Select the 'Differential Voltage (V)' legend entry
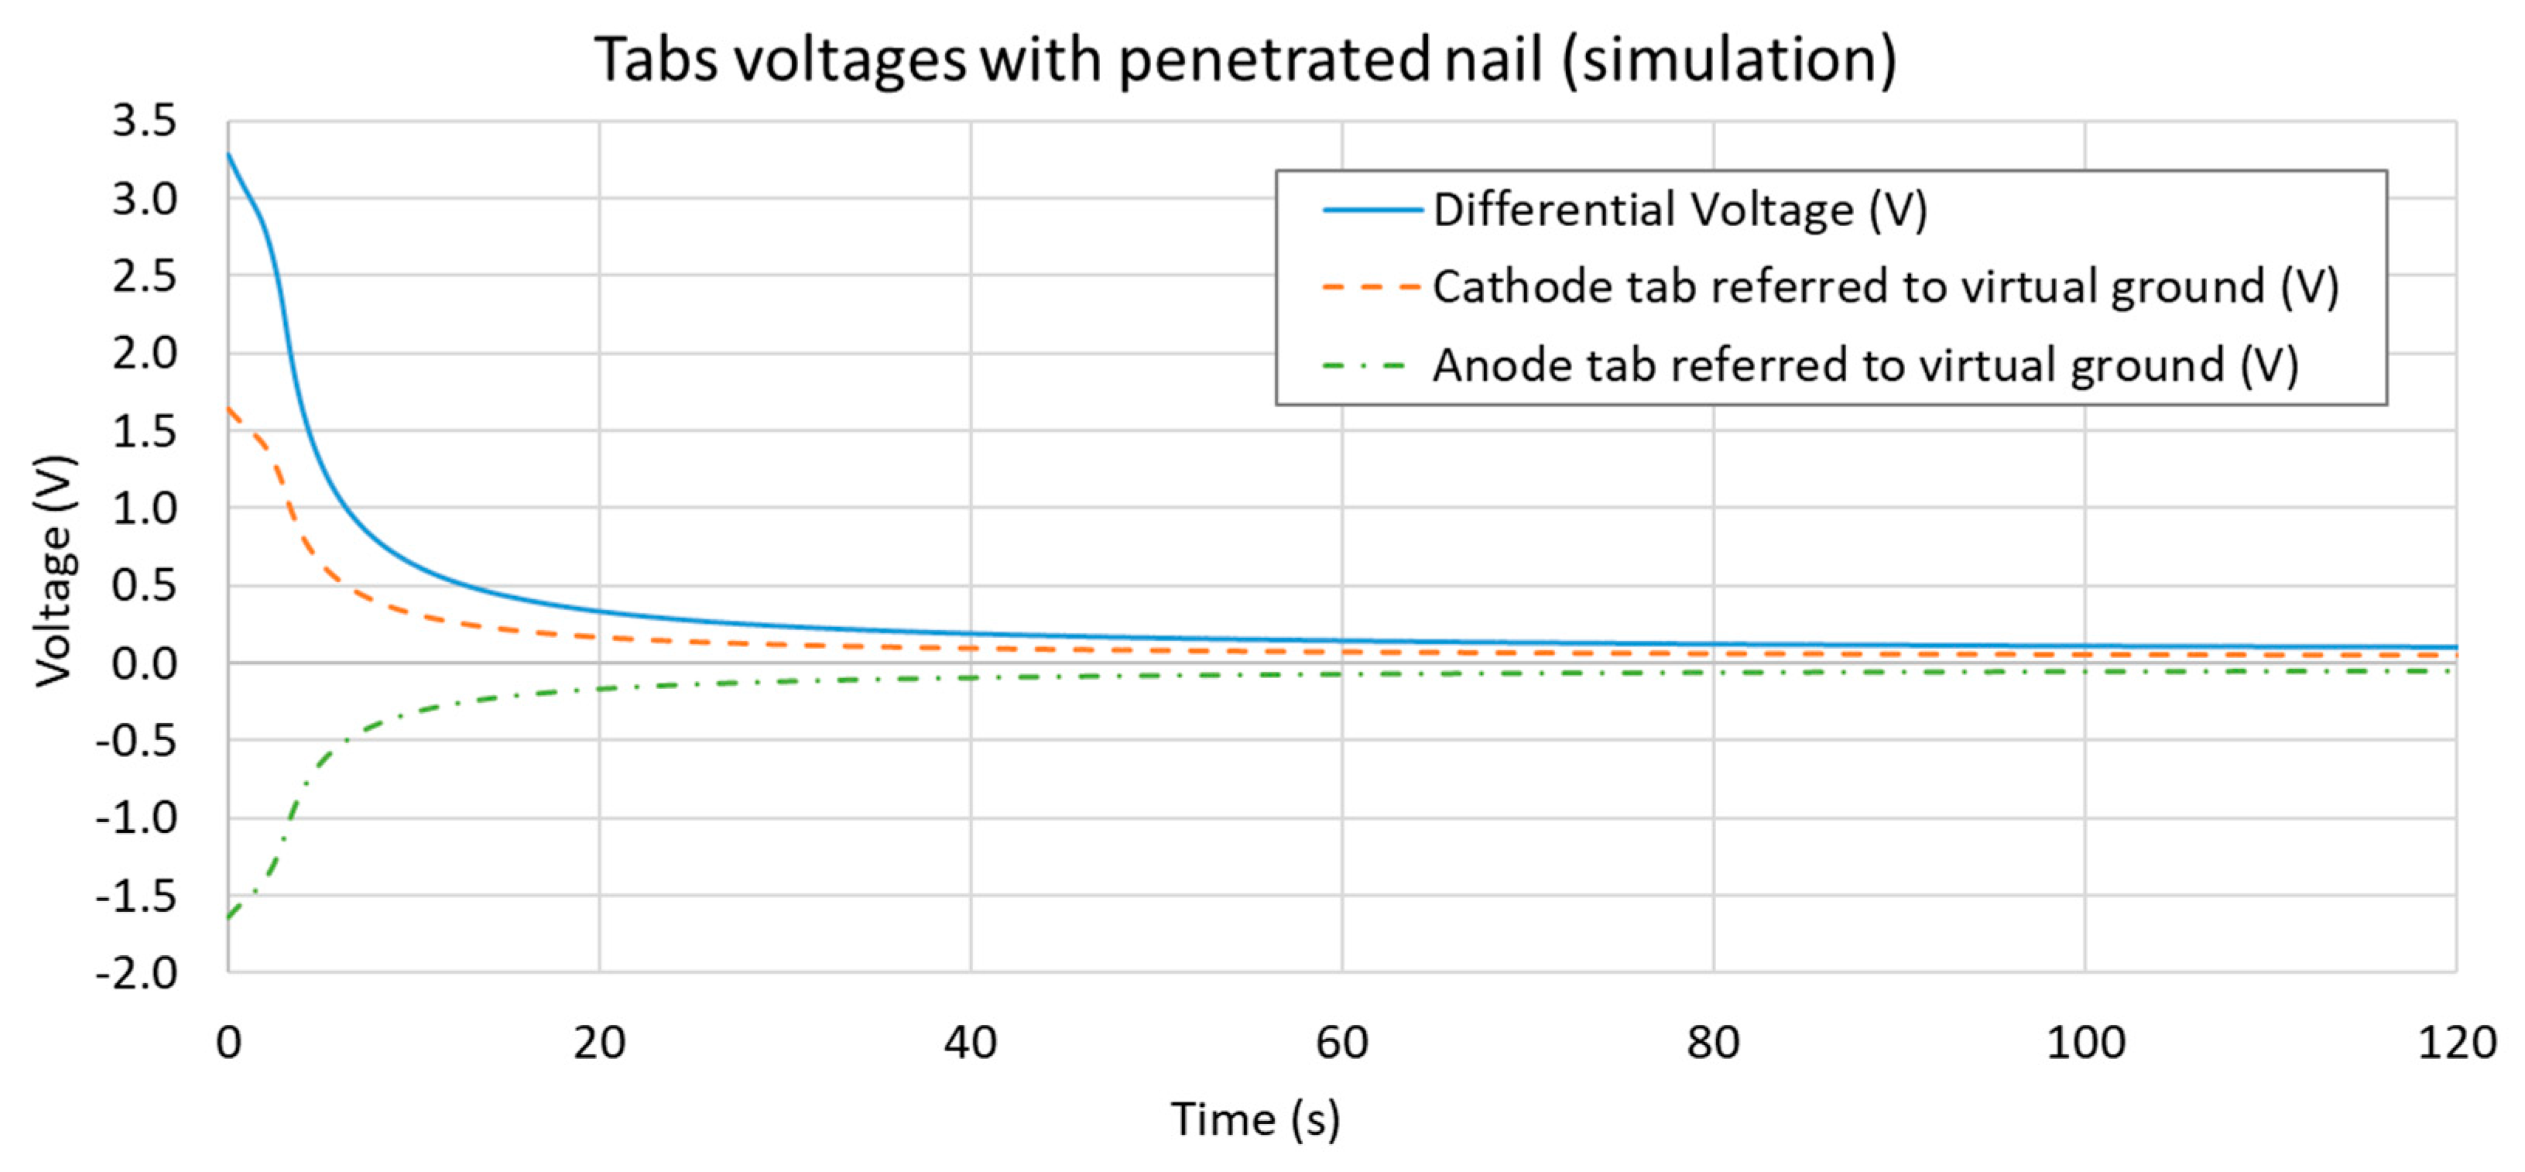coord(1679,210)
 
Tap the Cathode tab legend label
coord(1885,287)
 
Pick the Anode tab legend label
coord(1865,365)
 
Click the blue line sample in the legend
coord(1372,210)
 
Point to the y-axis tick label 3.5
coord(144,122)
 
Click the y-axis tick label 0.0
coord(144,664)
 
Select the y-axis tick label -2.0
coord(136,973)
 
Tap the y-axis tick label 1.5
coord(144,431)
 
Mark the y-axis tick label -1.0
coord(136,818)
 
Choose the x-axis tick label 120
coord(2456,1043)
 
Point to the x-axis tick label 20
coord(599,1043)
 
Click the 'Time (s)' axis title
coord(1255,1119)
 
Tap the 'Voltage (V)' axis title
coord(54,571)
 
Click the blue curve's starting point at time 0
coord(228,154)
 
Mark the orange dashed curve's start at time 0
coord(228,408)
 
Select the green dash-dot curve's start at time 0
coord(228,918)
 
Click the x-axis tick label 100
coord(2085,1043)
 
